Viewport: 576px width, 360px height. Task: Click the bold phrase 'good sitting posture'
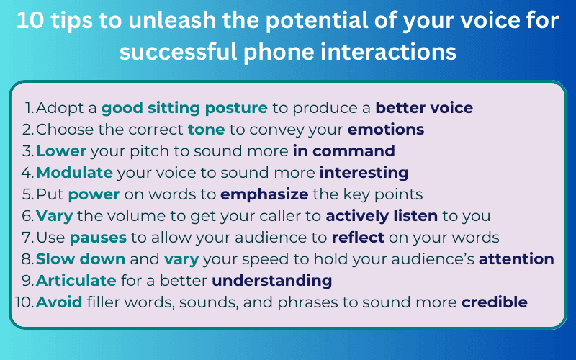coord(184,108)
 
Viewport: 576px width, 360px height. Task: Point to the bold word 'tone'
coord(206,130)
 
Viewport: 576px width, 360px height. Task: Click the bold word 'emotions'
coord(386,130)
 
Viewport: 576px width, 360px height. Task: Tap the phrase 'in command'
coord(343,151)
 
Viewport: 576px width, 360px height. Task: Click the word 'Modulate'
coord(74,173)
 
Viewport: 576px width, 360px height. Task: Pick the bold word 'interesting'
coord(364,173)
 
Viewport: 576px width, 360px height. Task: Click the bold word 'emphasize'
coord(266,194)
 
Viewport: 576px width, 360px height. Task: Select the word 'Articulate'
coord(76,280)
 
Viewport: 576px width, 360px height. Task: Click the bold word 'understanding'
coord(271,280)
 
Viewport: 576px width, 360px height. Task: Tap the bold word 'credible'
coord(495,302)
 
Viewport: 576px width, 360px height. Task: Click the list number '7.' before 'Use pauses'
coord(28,238)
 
